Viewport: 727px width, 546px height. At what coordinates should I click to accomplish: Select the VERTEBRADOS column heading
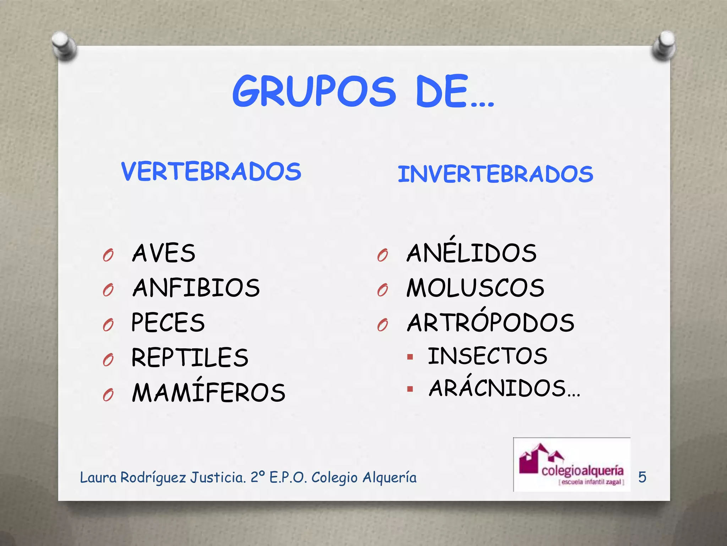[x=211, y=171]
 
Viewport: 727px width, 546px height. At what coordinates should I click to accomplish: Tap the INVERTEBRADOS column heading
[x=495, y=174]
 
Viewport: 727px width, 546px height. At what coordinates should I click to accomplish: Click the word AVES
[x=164, y=253]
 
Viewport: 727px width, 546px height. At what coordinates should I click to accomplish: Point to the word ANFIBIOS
[x=196, y=288]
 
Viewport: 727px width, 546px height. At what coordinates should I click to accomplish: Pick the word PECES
[x=168, y=322]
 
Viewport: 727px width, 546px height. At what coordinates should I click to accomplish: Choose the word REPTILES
[x=190, y=357]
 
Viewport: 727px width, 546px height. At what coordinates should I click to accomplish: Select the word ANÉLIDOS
[x=471, y=252]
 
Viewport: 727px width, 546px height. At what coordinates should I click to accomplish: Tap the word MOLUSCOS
[x=475, y=288]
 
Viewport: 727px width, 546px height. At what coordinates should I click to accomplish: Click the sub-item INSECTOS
[x=487, y=356]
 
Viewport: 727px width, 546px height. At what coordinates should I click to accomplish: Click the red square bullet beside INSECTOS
[x=410, y=357]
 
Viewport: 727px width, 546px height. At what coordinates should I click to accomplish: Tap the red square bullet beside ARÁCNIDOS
[x=410, y=389]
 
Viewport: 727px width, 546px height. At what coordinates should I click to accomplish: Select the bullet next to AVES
[x=108, y=255]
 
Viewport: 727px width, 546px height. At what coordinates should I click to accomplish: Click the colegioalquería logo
[x=572, y=465]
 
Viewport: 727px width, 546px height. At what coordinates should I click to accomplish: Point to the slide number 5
[x=642, y=477]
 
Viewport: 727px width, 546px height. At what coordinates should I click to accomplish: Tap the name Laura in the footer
[x=98, y=477]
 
